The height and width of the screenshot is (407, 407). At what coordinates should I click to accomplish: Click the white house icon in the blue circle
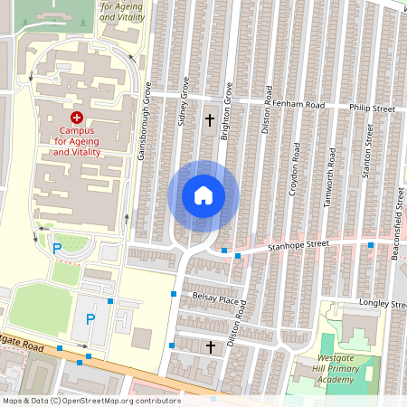(203, 195)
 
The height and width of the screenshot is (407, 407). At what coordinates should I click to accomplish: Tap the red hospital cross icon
(76, 118)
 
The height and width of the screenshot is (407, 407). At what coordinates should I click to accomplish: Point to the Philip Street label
(374, 109)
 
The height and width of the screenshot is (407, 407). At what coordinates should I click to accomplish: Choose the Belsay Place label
(215, 298)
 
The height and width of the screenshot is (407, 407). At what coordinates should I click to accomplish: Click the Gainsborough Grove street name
(143, 122)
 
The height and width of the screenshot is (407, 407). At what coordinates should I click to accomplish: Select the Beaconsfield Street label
(396, 222)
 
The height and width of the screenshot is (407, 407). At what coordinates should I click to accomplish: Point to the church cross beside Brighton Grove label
(210, 119)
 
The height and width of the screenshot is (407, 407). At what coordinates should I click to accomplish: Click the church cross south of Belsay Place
(211, 346)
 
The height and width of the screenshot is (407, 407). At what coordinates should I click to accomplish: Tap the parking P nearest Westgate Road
(90, 318)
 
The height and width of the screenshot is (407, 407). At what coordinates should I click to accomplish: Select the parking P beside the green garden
(56, 248)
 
